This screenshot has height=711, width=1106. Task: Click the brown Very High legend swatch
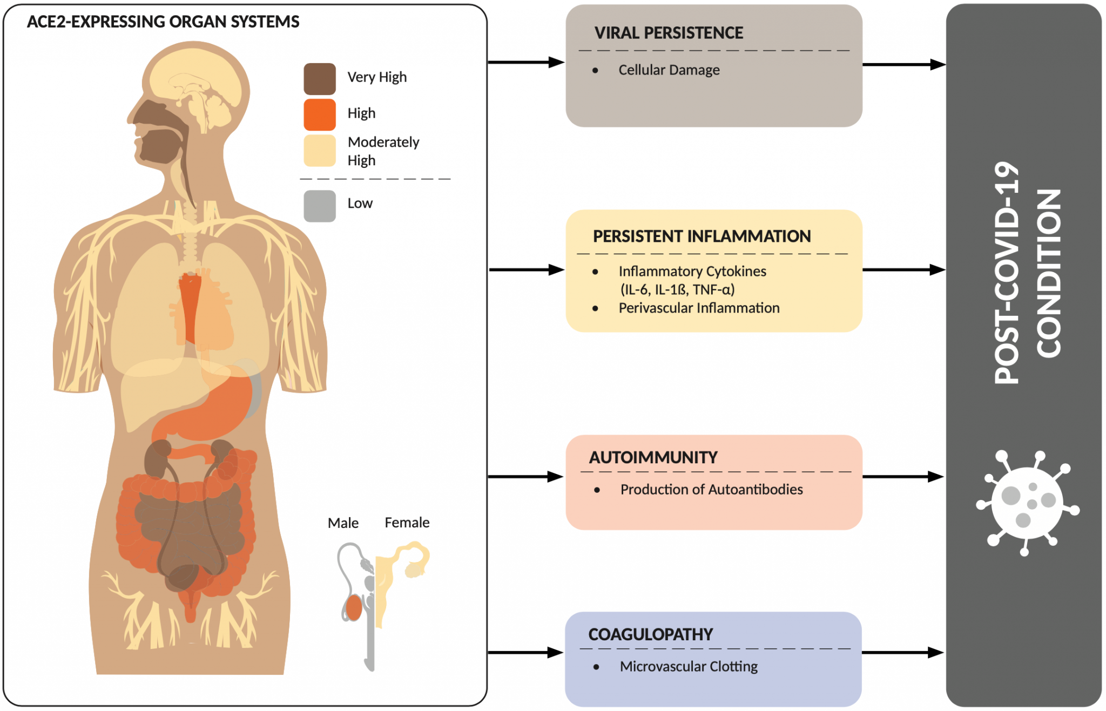(x=319, y=79)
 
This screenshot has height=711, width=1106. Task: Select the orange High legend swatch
(x=319, y=114)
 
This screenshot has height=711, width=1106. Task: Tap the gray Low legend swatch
(x=319, y=206)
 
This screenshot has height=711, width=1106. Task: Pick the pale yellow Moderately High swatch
(x=319, y=151)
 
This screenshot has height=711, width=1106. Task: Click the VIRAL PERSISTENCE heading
(x=668, y=33)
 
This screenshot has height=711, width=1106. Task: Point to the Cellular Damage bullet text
(x=669, y=70)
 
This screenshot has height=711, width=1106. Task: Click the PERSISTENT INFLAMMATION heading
(x=702, y=236)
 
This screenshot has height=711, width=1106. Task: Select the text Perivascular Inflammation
(x=699, y=308)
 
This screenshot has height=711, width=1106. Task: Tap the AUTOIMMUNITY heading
(x=653, y=458)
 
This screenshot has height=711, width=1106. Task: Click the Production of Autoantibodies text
(x=711, y=490)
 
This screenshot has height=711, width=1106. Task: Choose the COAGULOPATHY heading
(x=650, y=634)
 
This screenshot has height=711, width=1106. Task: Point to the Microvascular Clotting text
(x=689, y=667)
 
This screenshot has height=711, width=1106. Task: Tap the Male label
(x=343, y=523)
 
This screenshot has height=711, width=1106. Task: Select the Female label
(x=407, y=523)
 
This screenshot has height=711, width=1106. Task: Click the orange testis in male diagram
(x=354, y=608)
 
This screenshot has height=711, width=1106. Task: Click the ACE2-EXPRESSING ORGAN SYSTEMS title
(x=163, y=22)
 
